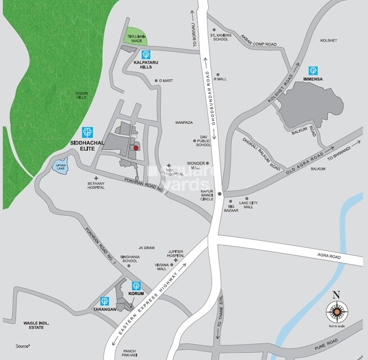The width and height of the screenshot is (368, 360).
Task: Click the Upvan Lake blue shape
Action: [x=61, y=167]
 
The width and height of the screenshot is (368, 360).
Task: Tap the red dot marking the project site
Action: [x=136, y=148]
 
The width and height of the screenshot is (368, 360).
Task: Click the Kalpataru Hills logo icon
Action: [x=146, y=55]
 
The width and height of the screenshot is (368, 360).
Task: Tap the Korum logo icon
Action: [x=135, y=285]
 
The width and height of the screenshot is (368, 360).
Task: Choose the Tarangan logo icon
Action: [x=104, y=300]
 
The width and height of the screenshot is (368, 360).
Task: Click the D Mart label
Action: [x=165, y=81]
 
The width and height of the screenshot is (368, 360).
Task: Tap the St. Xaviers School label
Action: [x=220, y=38]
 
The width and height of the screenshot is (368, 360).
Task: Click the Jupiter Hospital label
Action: [x=176, y=254]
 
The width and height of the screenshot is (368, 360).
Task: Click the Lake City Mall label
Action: [x=248, y=205]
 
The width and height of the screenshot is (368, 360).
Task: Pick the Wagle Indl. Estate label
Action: [x=34, y=325]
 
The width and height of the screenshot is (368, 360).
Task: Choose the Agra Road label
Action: [x=329, y=256]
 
